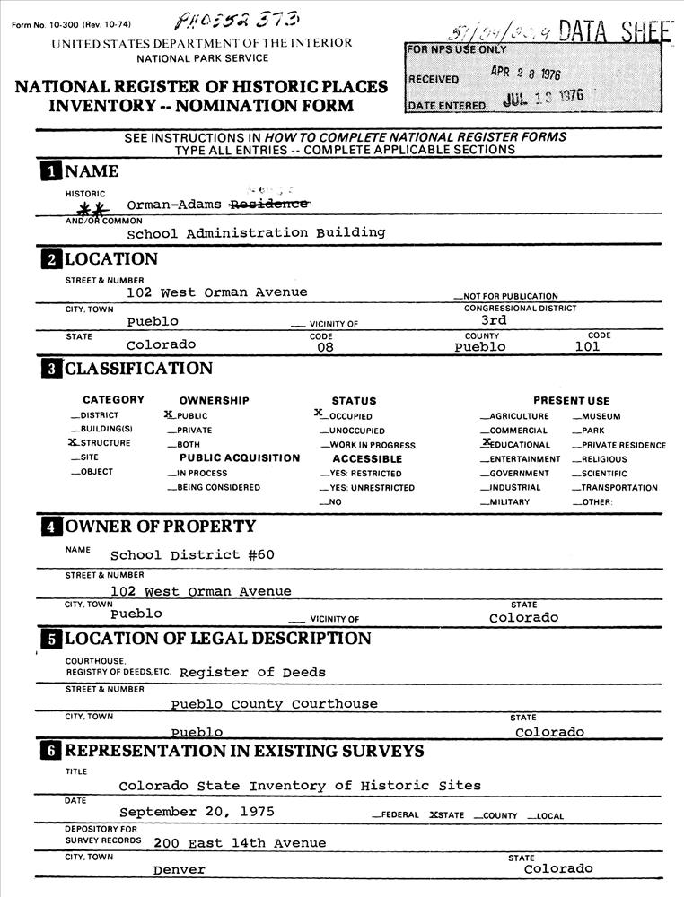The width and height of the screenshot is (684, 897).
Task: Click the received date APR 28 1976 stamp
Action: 525,75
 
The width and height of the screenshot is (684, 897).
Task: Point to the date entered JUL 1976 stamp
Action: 543,98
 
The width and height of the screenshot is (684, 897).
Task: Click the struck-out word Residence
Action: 270,205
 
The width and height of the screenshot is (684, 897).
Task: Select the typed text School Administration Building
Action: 256,232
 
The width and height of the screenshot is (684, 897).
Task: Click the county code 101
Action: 592,346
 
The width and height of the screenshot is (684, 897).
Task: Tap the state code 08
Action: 320,347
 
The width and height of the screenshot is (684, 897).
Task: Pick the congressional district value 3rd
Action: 494,319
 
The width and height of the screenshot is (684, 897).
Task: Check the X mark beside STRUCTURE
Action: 74,443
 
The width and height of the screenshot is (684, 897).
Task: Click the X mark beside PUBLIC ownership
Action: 169,415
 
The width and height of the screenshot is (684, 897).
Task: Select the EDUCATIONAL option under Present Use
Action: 520,445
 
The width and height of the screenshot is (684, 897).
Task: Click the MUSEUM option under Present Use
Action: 600,416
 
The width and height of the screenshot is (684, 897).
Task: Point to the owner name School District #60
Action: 192,555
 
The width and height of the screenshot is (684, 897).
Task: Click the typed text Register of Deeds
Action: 252,672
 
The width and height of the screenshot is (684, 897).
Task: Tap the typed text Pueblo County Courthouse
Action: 274,704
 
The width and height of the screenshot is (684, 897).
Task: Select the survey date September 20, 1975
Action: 197,812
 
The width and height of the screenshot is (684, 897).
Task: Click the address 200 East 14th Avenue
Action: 240,842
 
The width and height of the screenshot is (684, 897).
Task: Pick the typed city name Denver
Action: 179,869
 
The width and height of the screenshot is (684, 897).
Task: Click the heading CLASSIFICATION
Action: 138,369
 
